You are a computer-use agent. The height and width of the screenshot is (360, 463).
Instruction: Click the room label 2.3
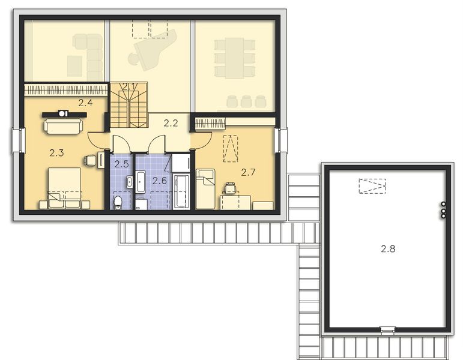click(56, 153)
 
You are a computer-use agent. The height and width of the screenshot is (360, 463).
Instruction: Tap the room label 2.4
click(85, 103)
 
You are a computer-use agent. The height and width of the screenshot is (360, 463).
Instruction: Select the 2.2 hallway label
click(171, 124)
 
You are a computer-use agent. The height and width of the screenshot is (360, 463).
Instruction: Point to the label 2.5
click(121, 164)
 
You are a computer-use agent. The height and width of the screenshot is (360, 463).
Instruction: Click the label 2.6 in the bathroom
click(159, 180)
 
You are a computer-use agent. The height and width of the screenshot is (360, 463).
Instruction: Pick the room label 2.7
click(248, 172)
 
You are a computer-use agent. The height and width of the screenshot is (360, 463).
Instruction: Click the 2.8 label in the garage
click(387, 247)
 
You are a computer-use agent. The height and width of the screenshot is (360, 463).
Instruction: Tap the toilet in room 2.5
click(118, 202)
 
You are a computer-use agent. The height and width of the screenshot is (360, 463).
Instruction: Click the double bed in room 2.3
click(64, 188)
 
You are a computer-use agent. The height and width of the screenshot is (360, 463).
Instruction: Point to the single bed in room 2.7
click(205, 188)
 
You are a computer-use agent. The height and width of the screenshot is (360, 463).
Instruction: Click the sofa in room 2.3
click(63, 125)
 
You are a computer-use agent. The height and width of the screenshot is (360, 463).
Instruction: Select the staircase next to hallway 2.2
click(129, 105)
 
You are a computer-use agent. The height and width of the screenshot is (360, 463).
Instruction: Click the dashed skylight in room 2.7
click(230, 149)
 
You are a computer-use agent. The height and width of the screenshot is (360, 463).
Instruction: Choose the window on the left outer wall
click(18, 142)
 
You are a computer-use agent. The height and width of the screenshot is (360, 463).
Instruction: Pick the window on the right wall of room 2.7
click(282, 140)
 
